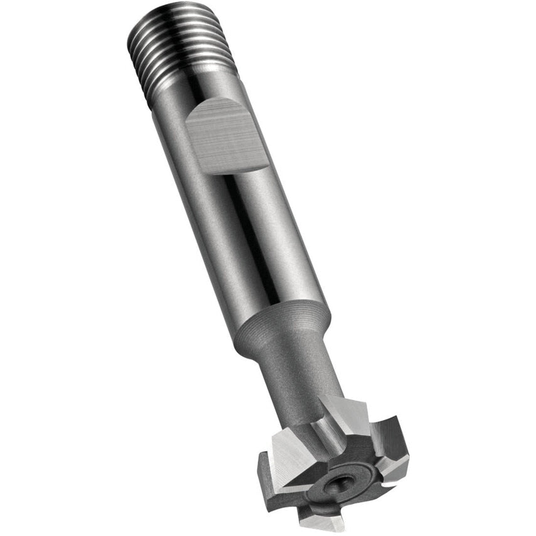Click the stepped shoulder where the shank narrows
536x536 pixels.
pos(282,326)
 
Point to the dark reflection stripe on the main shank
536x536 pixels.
pos(251,239)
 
